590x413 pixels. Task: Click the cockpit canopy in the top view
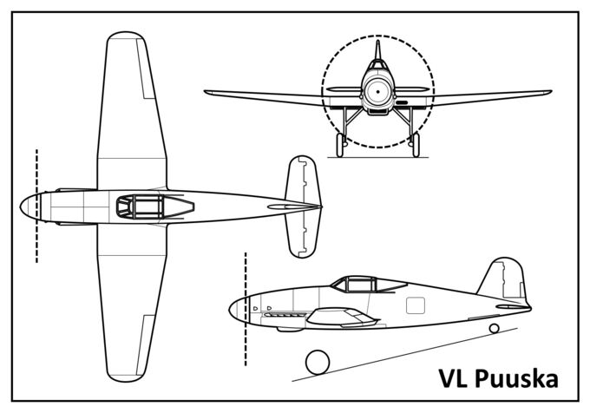142,206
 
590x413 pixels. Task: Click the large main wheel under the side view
318,362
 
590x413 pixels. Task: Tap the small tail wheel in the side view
494,328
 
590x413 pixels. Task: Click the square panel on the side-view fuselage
416,305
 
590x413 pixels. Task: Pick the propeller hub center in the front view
379,90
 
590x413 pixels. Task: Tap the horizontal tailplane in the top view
304,206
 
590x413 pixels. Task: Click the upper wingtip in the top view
125,40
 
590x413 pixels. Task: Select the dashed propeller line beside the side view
246,308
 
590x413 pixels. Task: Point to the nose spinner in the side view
236,308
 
